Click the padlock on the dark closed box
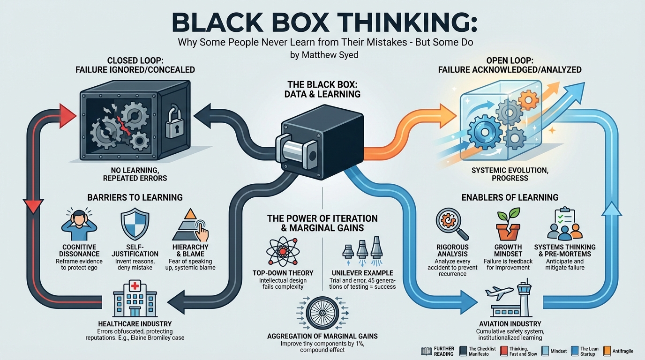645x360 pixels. tap(174, 123)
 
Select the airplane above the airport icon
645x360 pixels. tap(499, 292)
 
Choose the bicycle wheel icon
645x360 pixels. tap(322, 313)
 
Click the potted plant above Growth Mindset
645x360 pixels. tap(508, 225)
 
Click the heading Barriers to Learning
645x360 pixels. tap(135, 197)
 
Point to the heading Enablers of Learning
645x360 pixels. tap(510, 197)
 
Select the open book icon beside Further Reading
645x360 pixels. tap(427, 351)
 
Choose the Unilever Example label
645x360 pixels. tap(362, 273)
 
